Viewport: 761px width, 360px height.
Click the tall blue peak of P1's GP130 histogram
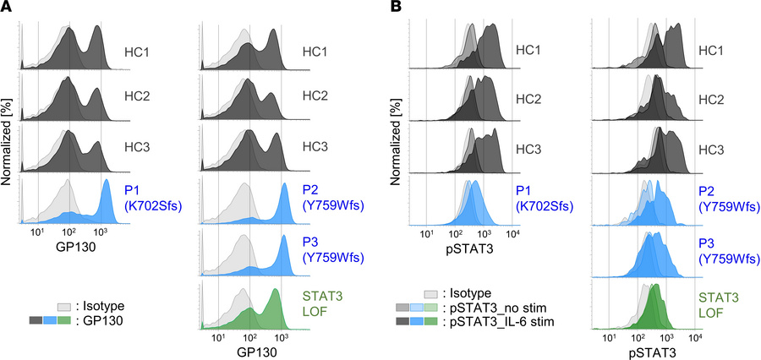(106, 186)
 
